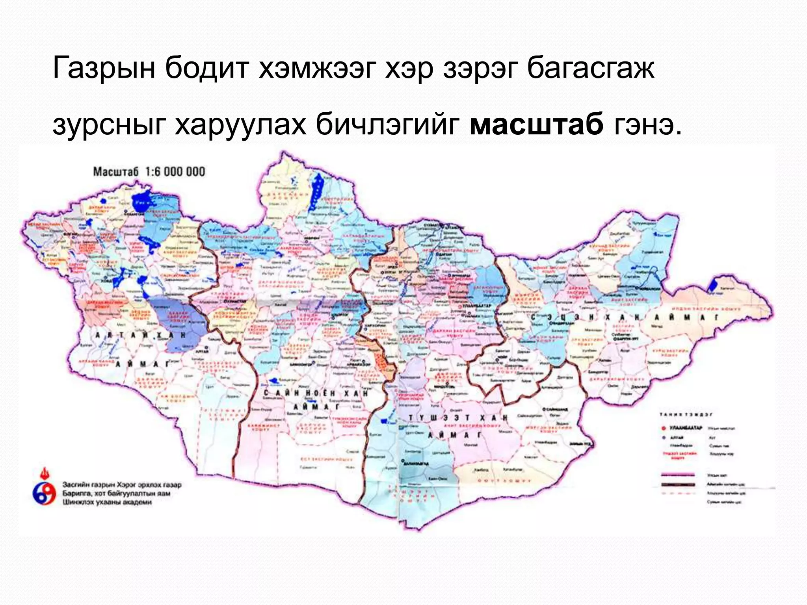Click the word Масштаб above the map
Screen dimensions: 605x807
(116, 172)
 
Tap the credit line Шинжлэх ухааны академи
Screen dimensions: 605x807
(107, 502)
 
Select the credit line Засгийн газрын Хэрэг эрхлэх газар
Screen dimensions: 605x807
(122, 485)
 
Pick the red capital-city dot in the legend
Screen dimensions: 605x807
(664, 428)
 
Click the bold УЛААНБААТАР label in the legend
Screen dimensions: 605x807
(686, 428)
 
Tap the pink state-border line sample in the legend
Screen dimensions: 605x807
(679, 475)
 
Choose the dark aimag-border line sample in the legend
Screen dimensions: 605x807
(679, 484)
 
